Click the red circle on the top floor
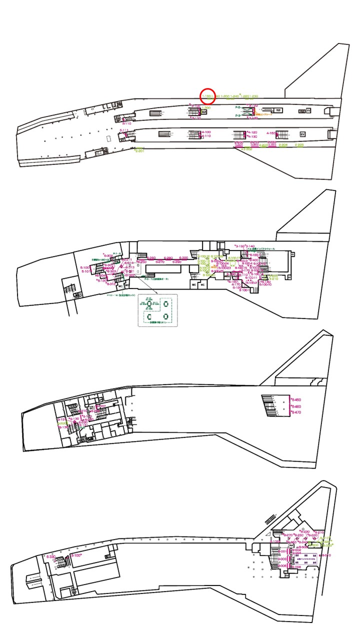tap(207, 95)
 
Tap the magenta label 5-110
tap(125, 123)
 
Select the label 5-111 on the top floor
tap(124, 130)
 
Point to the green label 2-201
tap(139, 150)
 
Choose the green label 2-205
tap(299, 145)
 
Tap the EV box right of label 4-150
tap(302, 134)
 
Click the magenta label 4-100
tap(206, 132)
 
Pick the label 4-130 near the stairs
tap(252, 136)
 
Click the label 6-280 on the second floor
tap(168, 258)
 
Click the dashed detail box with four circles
tap(157, 310)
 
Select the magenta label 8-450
tap(296, 400)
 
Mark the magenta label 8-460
tap(296, 406)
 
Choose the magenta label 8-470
tap(296, 412)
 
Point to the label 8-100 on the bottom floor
tap(76, 555)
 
